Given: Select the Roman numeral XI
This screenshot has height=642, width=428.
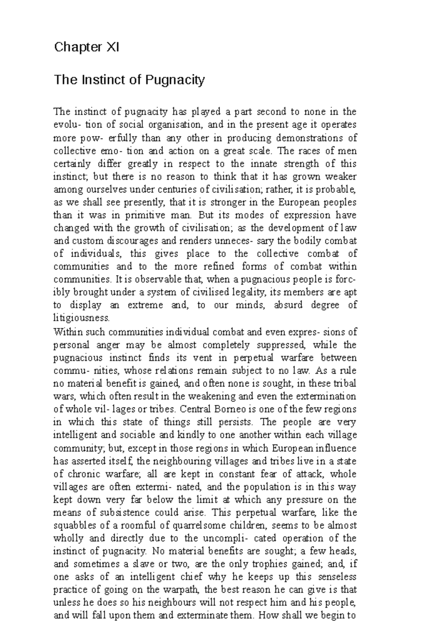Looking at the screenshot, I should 111,47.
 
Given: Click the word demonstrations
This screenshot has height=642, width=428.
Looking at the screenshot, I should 307,138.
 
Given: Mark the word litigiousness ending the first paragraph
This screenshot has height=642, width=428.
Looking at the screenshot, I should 81,318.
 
